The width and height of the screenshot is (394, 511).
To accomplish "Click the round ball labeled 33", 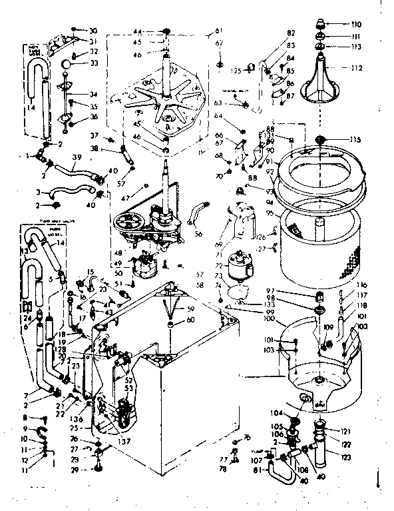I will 69,64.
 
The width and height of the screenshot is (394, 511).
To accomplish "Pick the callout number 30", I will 93,31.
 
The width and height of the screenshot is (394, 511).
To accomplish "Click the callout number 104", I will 276,414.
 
